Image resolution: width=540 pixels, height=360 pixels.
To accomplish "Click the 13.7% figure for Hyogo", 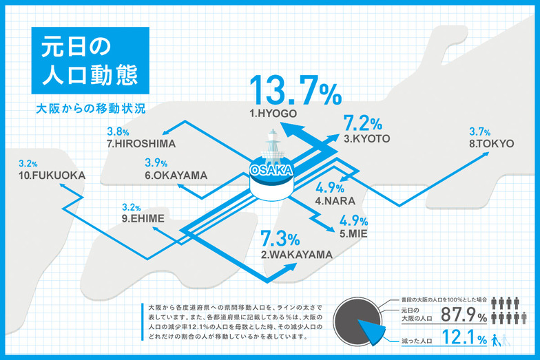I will pyautogui.click(x=294, y=92).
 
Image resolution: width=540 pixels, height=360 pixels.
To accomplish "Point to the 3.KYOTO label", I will pyautogui.click(x=367, y=138).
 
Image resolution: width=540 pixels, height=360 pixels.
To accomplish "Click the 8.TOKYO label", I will pyautogui.click(x=491, y=144).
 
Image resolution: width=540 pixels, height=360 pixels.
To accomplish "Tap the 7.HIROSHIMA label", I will pyautogui.click(x=141, y=144).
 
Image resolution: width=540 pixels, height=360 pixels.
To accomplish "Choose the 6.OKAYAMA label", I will pyautogui.click(x=176, y=176).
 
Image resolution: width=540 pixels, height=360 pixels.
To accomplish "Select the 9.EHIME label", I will pyautogui.click(x=143, y=219).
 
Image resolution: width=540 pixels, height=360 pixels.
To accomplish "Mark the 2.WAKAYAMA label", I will pyautogui.click(x=297, y=255).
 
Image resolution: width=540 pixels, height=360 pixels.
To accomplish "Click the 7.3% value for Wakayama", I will pyautogui.click(x=280, y=240).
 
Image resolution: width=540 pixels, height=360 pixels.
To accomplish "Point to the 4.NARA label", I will pyautogui.click(x=335, y=201).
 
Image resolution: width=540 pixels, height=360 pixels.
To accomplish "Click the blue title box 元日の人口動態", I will pyautogui.click(x=90, y=61).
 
